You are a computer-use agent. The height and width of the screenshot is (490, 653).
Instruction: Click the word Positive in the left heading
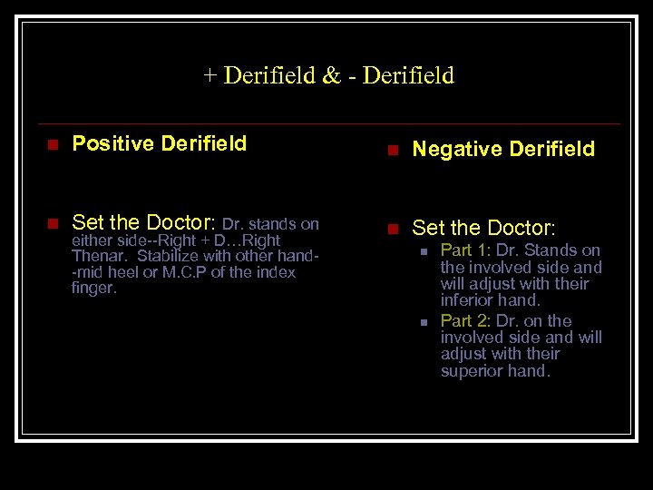coord(112,143)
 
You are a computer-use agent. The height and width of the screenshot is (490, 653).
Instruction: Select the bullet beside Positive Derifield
coord(53,144)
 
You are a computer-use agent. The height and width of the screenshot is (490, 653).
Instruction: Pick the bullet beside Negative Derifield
coord(393,150)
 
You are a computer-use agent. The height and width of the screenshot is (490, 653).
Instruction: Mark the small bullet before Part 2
coord(424,321)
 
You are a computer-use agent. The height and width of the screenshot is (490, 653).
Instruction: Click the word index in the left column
coord(277,272)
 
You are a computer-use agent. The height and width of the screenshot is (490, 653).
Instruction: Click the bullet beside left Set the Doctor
coord(53,222)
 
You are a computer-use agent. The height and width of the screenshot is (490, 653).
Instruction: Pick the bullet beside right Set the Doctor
coord(393,228)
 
